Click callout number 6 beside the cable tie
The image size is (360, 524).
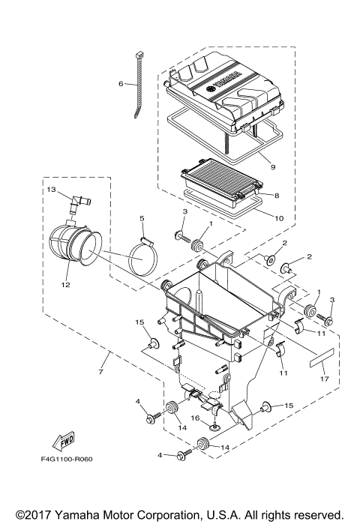[x=121, y=84]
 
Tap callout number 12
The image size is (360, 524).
[x=65, y=285]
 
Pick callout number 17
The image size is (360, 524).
[x=325, y=379]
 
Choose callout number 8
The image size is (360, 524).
[x=277, y=196]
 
